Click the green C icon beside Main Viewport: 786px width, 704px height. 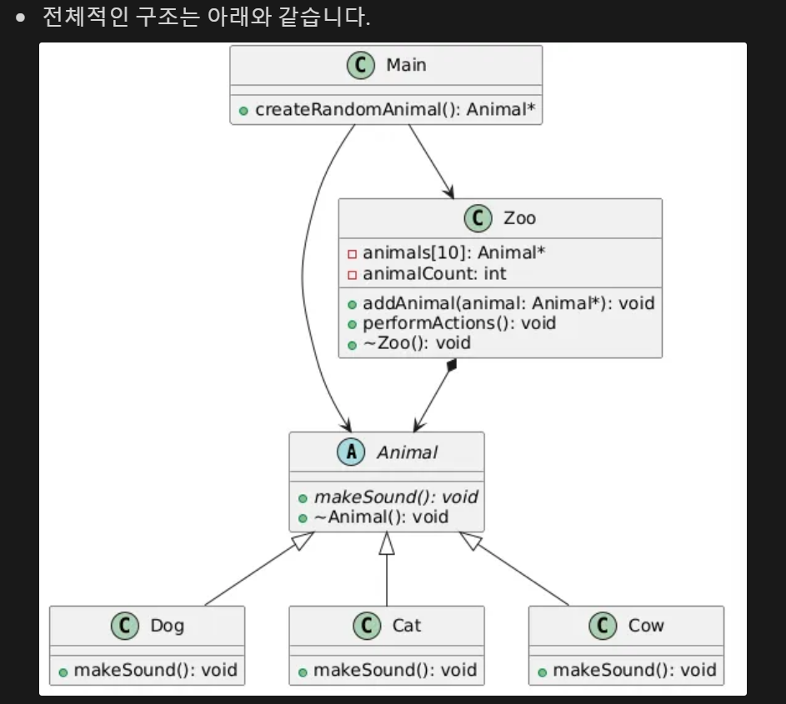(x=360, y=65)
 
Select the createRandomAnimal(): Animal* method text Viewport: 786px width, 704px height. (x=395, y=109)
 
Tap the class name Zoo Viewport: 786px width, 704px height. (x=519, y=218)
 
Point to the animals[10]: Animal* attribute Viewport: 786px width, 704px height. (x=453, y=253)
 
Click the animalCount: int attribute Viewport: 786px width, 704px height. (x=434, y=273)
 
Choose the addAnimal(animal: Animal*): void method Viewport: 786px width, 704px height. (x=508, y=303)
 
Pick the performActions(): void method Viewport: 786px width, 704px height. (x=459, y=323)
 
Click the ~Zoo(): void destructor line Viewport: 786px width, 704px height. (x=417, y=343)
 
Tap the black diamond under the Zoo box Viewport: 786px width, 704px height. (x=452, y=365)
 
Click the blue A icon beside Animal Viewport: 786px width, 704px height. (x=351, y=452)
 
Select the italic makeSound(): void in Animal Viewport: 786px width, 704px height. (x=396, y=497)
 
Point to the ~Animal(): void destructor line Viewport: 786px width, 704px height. (x=381, y=517)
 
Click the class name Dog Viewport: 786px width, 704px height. (x=168, y=626)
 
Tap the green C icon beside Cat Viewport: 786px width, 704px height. (x=367, y=626)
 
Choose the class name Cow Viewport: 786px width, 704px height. (x=646, y=626)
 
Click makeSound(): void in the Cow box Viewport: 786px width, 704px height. (x=634, y=670)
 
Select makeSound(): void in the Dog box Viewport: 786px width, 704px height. (x=155, y=670)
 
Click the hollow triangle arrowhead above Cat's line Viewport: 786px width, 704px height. (x=387, y=543)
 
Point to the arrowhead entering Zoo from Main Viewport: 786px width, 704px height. (x=448, y=192)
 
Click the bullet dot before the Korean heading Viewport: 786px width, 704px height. (x=21, y=18)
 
